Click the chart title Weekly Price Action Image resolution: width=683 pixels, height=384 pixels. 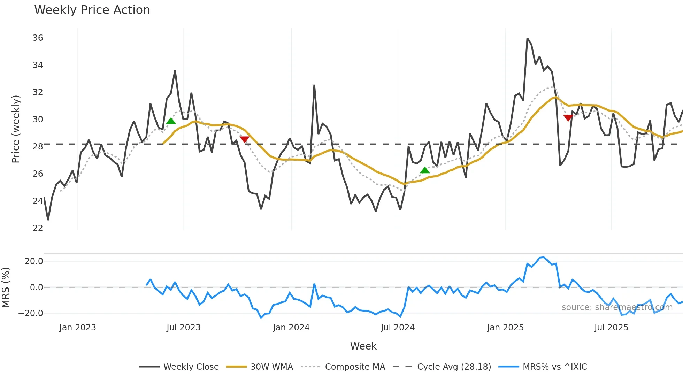[92, 10]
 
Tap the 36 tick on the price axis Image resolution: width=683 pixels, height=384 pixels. [38, 38]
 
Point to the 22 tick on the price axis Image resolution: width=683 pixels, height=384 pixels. [38, 228]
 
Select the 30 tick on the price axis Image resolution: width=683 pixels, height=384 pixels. [38, 120]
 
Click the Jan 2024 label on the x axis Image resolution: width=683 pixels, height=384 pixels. [291, 328]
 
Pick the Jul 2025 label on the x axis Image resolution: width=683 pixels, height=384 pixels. [611, 328]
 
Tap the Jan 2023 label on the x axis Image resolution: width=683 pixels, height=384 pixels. [77, 328]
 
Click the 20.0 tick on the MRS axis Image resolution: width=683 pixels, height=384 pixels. [34, 261]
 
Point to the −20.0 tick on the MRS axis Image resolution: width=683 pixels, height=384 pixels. [31, 313]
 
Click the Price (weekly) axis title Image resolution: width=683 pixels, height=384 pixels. [16, 129]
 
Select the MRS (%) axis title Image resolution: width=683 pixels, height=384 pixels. [6, 287]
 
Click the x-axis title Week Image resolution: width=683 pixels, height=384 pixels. [363, 346]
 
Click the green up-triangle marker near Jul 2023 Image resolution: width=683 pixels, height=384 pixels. [171, 121]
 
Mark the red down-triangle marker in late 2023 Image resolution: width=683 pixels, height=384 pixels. [245, 139]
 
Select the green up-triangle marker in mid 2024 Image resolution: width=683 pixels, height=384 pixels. [425, 170]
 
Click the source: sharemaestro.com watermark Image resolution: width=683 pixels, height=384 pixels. [617, 307]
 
